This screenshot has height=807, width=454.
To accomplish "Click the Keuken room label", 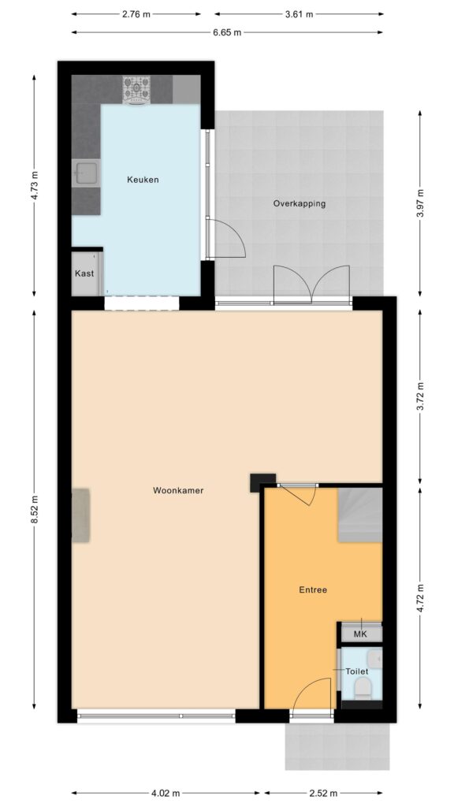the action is (143, 180).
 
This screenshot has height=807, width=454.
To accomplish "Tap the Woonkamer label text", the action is (178, 490).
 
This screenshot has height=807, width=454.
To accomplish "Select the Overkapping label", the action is (299, 203).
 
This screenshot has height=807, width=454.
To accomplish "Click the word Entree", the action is (313, 590).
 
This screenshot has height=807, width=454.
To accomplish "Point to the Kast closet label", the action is (84, 273).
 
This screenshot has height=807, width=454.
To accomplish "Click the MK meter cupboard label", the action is (360, 634).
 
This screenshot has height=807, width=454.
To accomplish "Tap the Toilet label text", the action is (356, 671).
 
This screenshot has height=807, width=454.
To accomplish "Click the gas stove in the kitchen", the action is (136, 90).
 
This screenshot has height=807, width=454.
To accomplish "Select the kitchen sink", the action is (86, 173).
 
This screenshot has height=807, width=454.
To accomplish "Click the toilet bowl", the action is (363, 687).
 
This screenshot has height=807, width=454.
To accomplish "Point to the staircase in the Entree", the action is (359, 515).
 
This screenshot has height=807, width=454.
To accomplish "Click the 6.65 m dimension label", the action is (227, 32).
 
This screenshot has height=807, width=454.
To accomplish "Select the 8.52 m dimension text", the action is (35, 510).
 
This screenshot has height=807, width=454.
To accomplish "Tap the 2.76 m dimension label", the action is (136, 14).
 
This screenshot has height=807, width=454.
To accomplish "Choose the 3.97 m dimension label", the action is (421, 204).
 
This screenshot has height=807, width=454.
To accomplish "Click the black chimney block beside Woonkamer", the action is (262, 483).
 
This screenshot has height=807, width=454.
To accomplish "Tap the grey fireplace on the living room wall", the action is (81, 515).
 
